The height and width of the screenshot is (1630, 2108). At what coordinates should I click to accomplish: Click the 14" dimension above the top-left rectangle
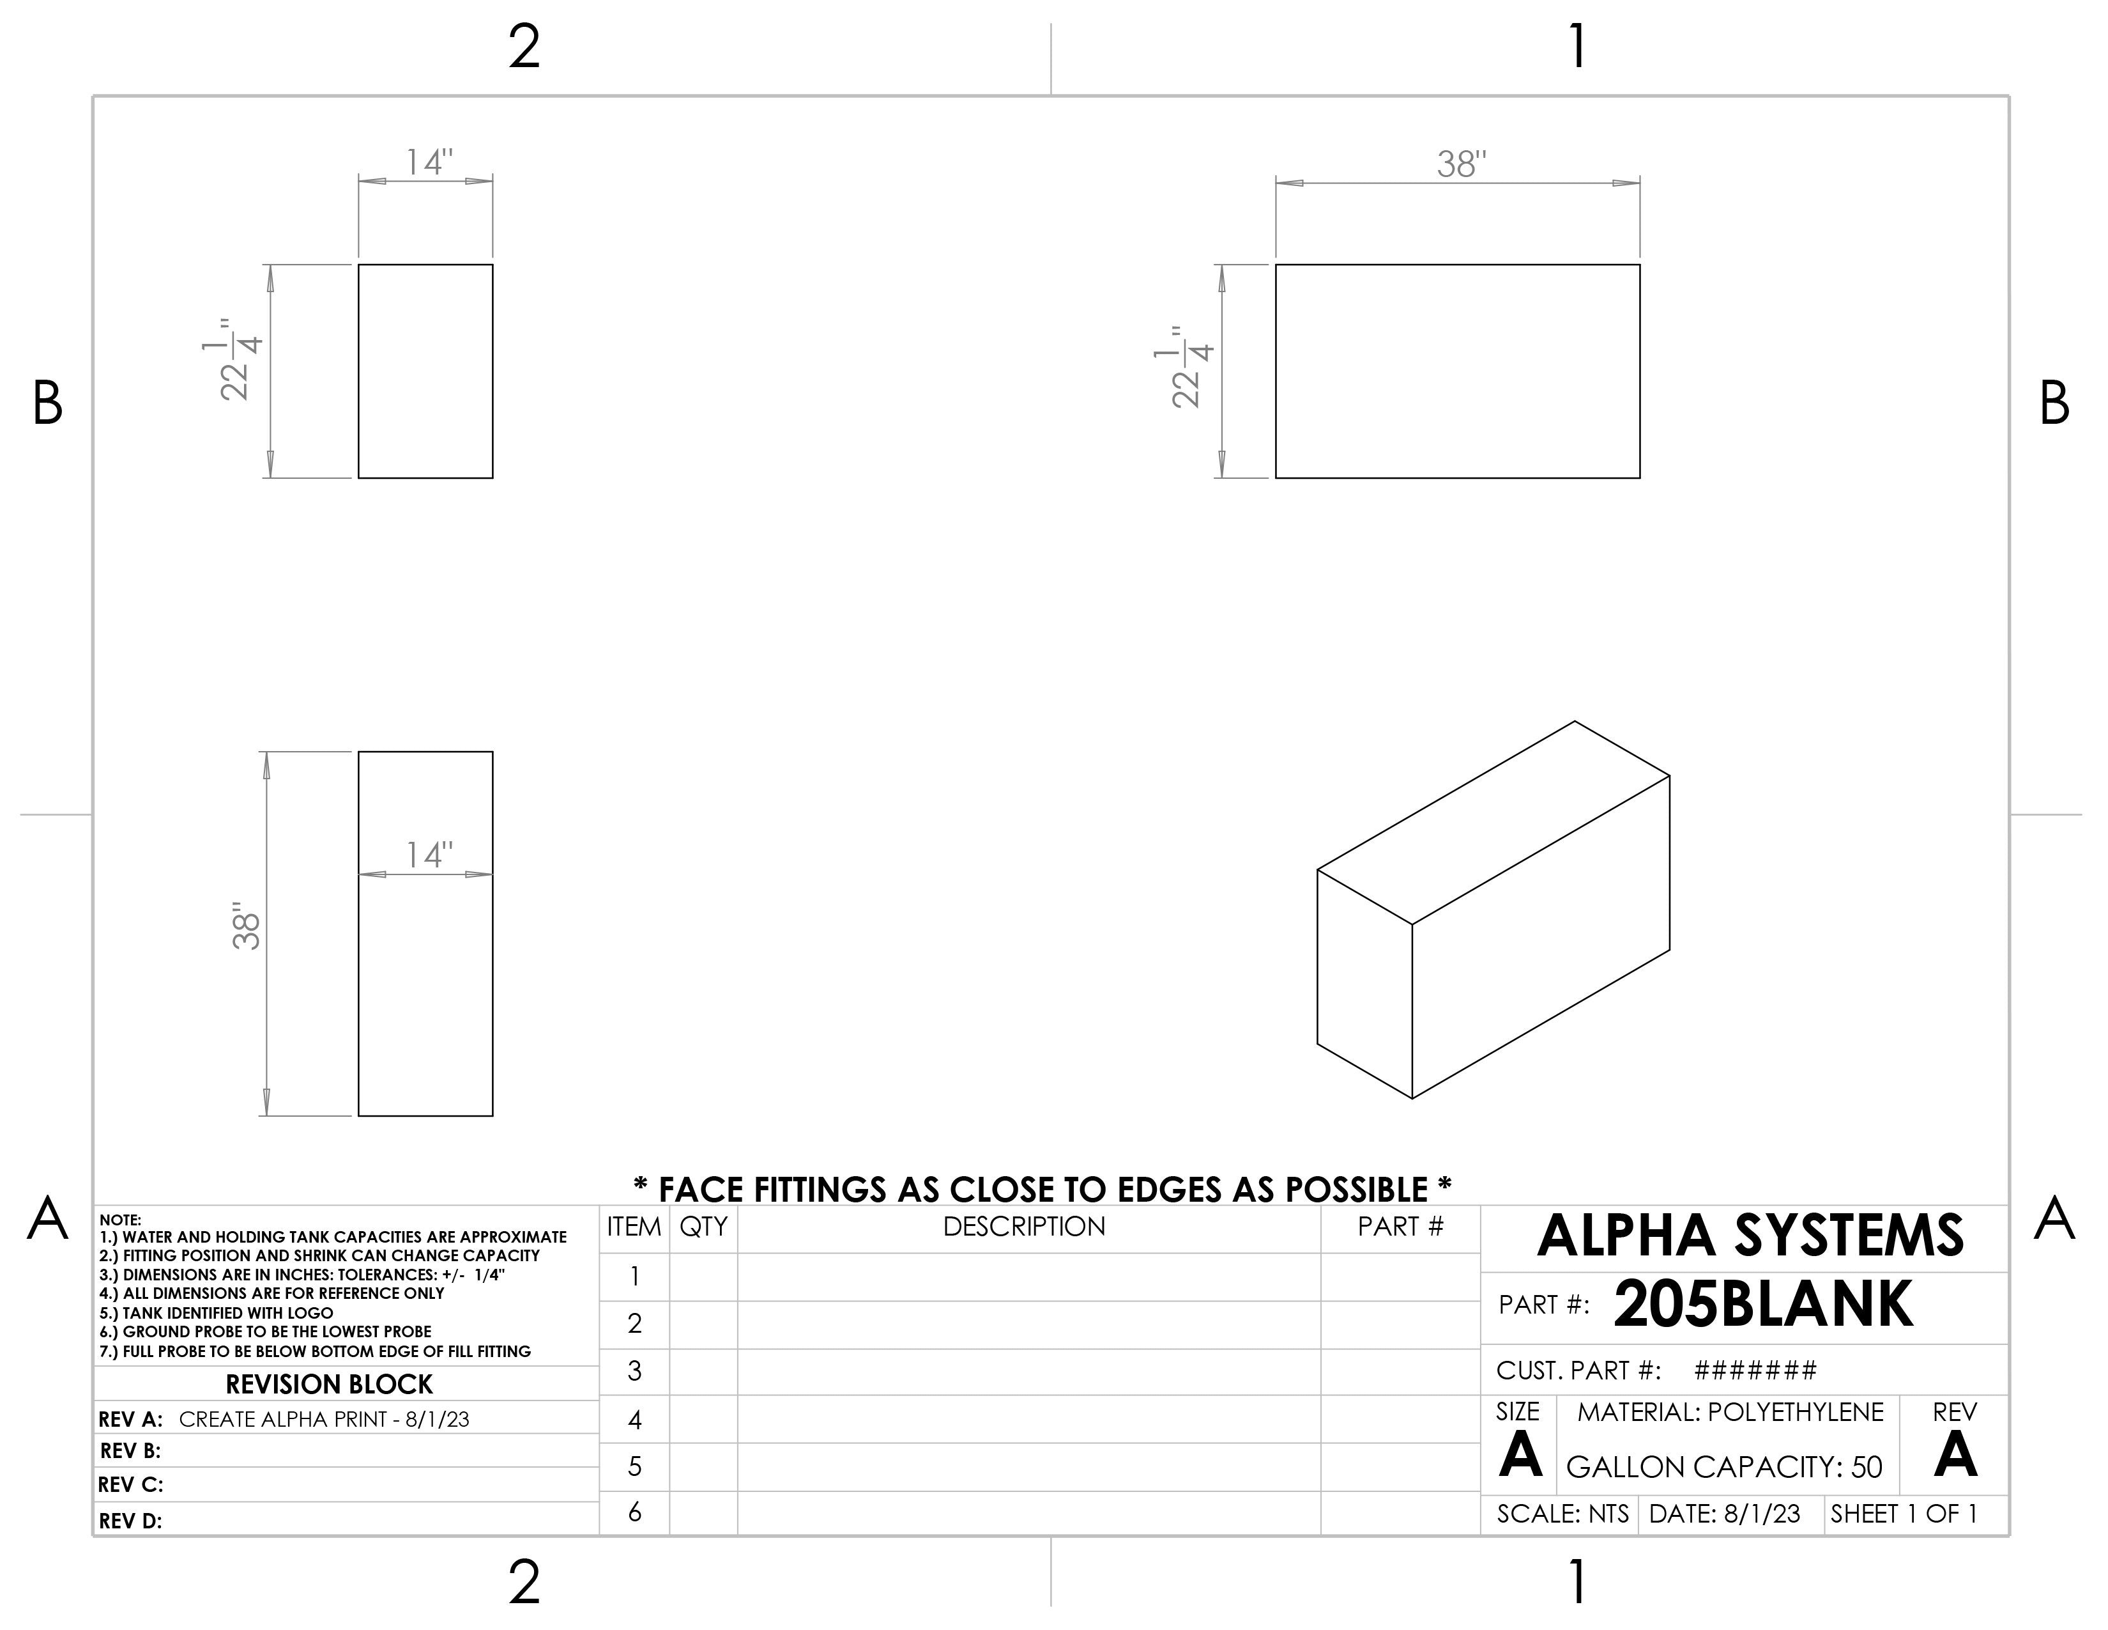(429, 162)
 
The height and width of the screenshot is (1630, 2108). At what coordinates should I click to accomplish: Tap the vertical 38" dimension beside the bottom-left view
(247, 927)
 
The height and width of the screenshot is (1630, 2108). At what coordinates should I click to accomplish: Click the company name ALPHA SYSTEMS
(1750, 1236)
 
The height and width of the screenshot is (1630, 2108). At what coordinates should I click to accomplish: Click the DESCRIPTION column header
(1024, 1227)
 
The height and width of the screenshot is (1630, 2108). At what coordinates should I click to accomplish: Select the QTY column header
(704, 1227)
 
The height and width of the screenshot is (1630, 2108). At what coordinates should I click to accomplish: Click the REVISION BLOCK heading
(329, 1385)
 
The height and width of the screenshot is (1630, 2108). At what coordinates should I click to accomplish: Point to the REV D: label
(130, 1521)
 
